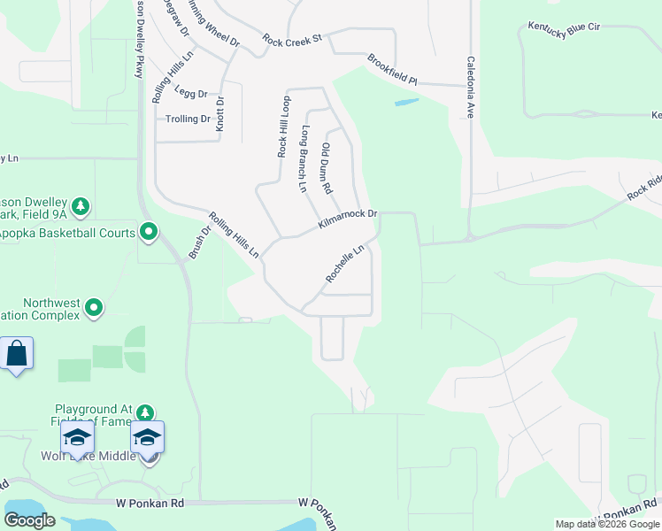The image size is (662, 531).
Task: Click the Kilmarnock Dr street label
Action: (348, 219)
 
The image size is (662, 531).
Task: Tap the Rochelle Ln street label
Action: (345, 265)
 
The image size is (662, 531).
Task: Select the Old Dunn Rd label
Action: (326, 168)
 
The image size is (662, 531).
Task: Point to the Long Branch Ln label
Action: (304, 159)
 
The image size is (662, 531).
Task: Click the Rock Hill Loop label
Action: (284, 127)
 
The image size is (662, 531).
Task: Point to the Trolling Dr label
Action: (188, 119)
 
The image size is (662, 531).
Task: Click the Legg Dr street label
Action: (190, 93)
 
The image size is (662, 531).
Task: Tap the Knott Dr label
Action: (220, 112)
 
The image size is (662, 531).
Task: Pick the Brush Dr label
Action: (199, 242)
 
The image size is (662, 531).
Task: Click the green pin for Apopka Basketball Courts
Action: (149, 233)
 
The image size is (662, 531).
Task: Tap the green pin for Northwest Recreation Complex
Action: (94, 309)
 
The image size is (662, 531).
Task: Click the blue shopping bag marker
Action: (17, 355)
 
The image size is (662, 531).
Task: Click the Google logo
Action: (29, 520)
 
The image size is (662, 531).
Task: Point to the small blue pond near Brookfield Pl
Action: (406, 103)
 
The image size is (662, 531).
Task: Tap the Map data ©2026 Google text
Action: (607, 524)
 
